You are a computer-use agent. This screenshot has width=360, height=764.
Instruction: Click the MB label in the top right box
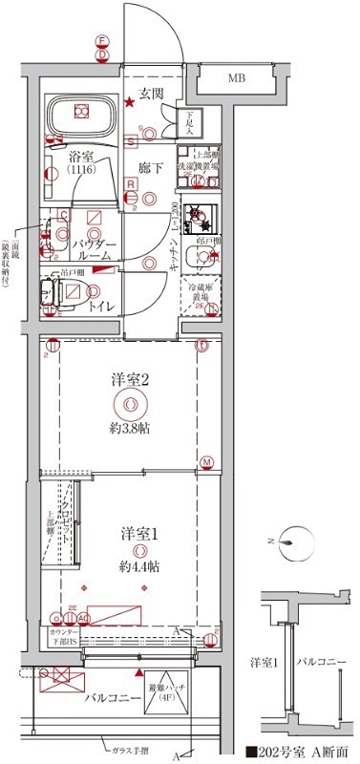[x=235, y=77]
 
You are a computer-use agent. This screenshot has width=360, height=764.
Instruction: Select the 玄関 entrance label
[x=153, y=93]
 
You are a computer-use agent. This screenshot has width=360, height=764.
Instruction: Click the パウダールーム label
[x=95, y=251]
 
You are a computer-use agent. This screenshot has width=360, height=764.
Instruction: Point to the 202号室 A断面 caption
[x=299, y=752]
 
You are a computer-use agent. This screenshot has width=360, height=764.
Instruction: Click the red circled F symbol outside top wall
[x=101, y=41]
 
